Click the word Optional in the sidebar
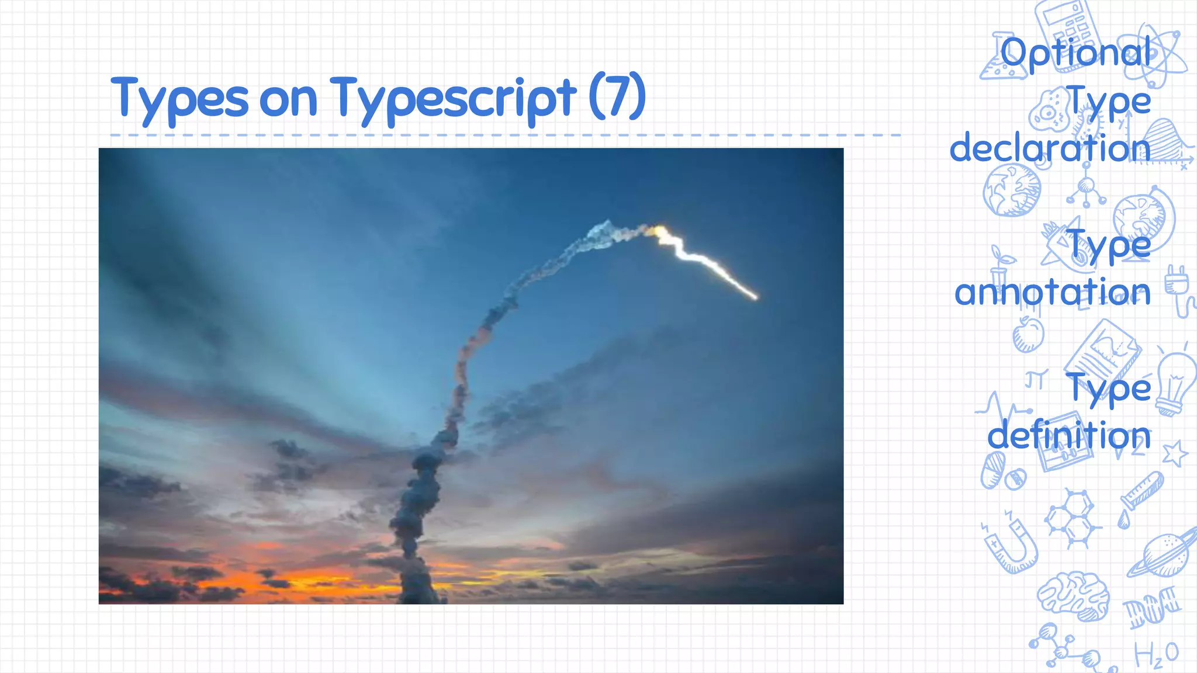pos(1075,53)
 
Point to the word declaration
pos(1050,148)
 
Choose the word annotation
pos(1052,292)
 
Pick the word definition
pos(1069,436)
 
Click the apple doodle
pos(1028,335)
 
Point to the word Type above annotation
pos(1109,245)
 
